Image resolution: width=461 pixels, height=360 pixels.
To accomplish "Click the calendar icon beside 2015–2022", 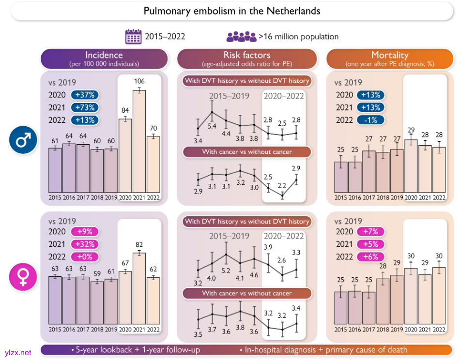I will (x=133, y=37).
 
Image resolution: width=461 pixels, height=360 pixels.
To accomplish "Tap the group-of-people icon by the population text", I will (x=241, y=37).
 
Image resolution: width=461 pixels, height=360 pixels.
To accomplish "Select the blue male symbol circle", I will (x=23, y=140).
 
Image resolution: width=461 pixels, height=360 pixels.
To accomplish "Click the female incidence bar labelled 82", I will (x=139, y=288).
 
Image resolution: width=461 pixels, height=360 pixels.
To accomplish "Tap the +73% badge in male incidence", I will (x=85, y=107).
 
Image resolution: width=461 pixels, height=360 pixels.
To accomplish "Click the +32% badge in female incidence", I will (x=85, y=244).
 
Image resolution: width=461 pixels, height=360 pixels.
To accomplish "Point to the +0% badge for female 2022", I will (x=85, y=257).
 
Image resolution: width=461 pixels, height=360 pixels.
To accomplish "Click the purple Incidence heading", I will (x=104, y=59).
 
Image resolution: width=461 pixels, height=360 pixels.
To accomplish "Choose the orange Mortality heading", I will (x=389, y=59).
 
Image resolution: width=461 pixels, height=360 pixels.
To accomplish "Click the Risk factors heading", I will (x=247, y=59).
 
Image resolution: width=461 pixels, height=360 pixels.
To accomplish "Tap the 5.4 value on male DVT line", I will (x=212, y=126).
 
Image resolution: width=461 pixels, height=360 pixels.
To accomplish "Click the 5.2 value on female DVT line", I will (x=226, y=270).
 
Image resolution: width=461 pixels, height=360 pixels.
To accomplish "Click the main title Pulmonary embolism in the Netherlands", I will (x=232, y=11).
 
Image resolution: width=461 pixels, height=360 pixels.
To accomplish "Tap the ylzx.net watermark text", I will (x=17, y=353).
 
